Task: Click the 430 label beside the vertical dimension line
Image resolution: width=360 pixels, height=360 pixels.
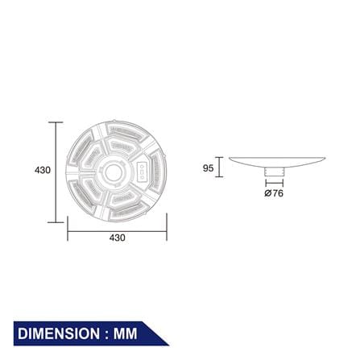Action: click(x=43, y=170)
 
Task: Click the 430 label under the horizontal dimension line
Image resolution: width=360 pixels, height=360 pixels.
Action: click(x=118, y=238)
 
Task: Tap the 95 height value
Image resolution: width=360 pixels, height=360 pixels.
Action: click(x=208, y=168)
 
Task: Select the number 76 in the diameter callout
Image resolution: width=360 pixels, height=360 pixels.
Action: click(x=278, y=193)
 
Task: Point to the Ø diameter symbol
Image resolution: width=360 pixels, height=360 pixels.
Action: click(x=267, y=193)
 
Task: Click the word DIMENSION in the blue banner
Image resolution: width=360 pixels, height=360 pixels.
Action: click(x=59, y=333)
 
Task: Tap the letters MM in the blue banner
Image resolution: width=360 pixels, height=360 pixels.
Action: click(x=125, y=333)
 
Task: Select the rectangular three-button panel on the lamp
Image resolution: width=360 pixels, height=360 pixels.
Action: click(x=142, y=172)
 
